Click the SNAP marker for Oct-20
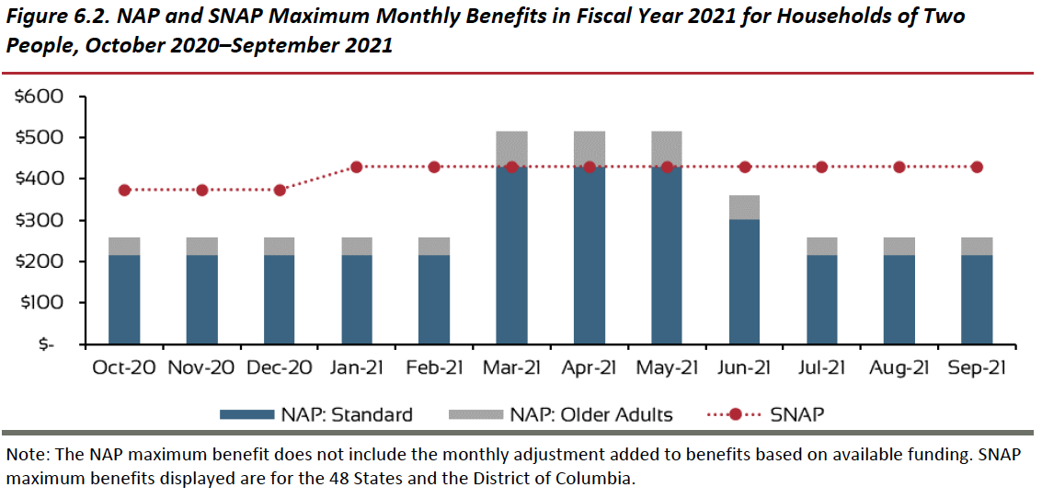(125, 190)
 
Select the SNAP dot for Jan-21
(357, 167)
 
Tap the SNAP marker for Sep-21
(977, 167)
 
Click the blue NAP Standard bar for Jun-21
(744, 282)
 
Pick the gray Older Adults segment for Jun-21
(744, 207)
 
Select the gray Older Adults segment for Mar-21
(511, 148)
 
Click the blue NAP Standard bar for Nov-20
(202, 299)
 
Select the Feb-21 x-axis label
(434, 368)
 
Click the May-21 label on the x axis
(667, 368)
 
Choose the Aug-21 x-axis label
(899, 368)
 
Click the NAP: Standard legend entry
(316, 414)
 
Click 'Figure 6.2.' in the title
(59, 17)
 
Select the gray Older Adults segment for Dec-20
(280, 246)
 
